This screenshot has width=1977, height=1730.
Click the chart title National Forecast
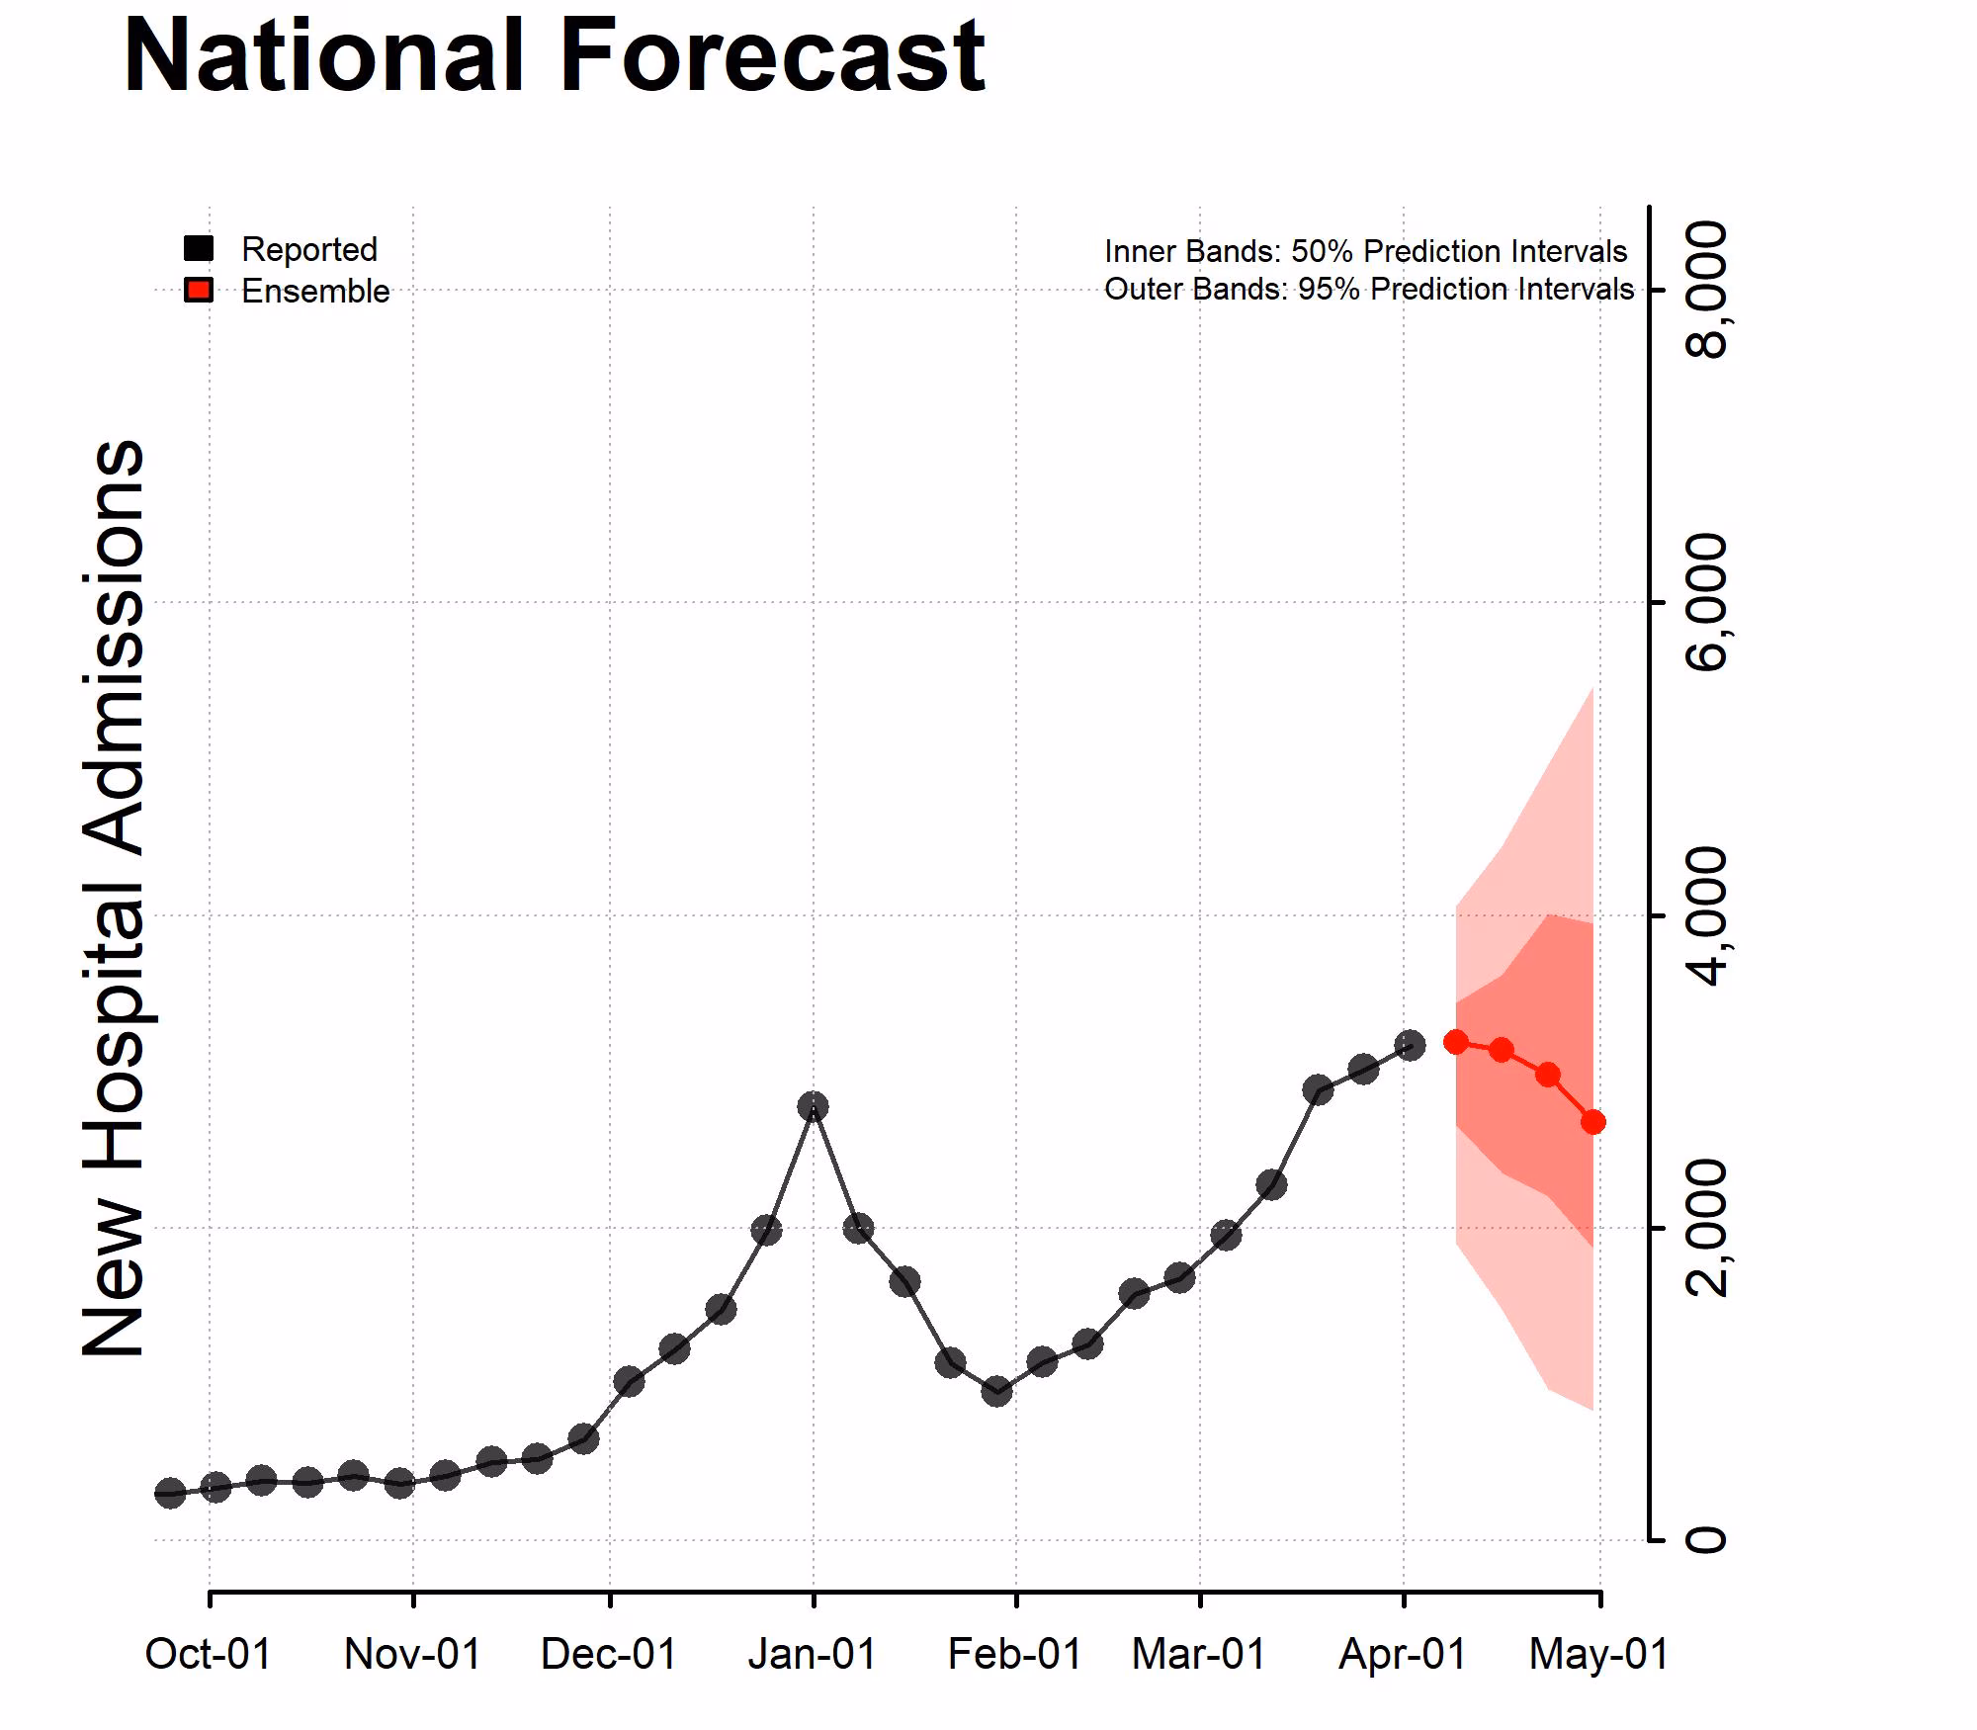(554, 57)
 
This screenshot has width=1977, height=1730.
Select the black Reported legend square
(199, 249)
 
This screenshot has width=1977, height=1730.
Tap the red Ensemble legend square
(199, 291)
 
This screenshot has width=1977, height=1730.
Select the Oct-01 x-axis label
(208, 1654)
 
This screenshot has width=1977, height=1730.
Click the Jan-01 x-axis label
(812, 1654)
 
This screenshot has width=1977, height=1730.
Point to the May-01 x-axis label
(1598, 1654)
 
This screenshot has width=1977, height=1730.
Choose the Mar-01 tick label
(1198, 1654)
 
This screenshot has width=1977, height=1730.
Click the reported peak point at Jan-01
(813, 1106)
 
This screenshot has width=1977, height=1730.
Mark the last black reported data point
(1410, 1045)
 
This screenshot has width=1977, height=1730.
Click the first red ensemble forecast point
(1456, 1041)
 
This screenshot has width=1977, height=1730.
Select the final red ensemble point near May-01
(1592, 1122)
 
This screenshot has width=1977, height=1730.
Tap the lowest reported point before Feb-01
(996, 1392)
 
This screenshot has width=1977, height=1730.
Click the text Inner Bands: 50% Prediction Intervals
(1365, 251)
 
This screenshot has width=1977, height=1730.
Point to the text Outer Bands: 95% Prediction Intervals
(1368, 290)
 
